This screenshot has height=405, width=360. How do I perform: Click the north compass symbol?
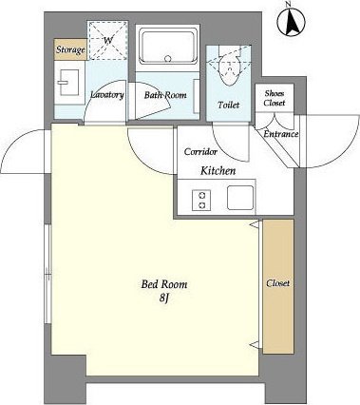pyautogui.click(x=291, y=21)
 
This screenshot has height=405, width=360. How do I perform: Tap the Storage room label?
pyautogui.click(x=70, y=49)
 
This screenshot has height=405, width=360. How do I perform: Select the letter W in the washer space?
pyautogui.click(x=108, y=40)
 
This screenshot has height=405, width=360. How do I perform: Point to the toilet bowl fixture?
pyautogui.click(x=229, y=68)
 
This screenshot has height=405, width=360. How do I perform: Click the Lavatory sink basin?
pyautogui.click(x=68, y=83)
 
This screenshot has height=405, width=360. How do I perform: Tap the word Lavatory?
pyautogui.click(x=106, y=94)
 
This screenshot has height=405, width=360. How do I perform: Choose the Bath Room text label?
pyautogui.click(x=165, y=95)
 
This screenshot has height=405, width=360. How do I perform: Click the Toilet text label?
pyautogui.click(x=228, y=105)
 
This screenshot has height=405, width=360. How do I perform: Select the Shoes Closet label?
pyautogui.click(x=275, y=98)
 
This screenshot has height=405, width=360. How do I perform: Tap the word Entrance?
pyautogui.click(x=281, y=134)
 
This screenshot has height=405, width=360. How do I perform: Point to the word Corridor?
pyautogui.click(x=200, y=152)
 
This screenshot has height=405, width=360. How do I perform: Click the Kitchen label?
pyautogui.click(x=218, y=171)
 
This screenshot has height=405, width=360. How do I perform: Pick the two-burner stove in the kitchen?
pyautogui.click(x=201, y=201)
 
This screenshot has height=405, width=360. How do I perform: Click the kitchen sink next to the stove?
pyautogui.click(x=240, y=198)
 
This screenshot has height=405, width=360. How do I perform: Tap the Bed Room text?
pyautogui.click(x=164, y=284)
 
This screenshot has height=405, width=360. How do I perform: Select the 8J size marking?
pyautogui.click(x=163, y=298)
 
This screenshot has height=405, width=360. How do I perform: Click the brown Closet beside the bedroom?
pyautogui.click(x=278, y=286)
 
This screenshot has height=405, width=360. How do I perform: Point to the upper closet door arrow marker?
pyautogui.click(x=254, y=224)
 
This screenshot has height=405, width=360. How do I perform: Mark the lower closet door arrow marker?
pyautogui.click(x=254, y=344)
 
